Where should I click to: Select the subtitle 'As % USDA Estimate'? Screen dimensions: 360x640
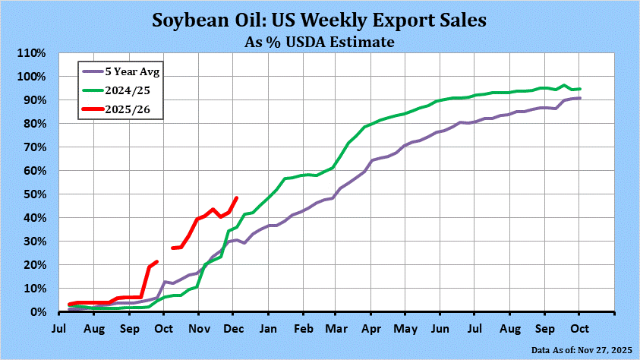point(320,42)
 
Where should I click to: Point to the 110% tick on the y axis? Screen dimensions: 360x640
point(33,53)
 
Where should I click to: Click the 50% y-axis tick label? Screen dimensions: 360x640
point(36,194)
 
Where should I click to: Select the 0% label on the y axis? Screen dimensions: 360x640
point(39,312)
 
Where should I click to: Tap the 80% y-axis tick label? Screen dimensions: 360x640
point(36,124)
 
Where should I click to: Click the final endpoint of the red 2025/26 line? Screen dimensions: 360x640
point(237,198)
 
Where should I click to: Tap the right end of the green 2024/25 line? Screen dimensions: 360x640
point(580,89)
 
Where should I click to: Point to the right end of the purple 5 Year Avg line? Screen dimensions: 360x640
point(580,98)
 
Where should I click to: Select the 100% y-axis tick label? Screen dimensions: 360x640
point(33,77)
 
